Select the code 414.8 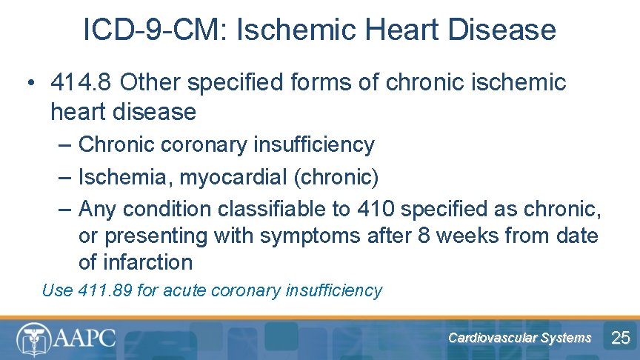pyautogui.click(x=81, y=83)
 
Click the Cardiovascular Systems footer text pyautogui.click(x=519, y=338)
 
